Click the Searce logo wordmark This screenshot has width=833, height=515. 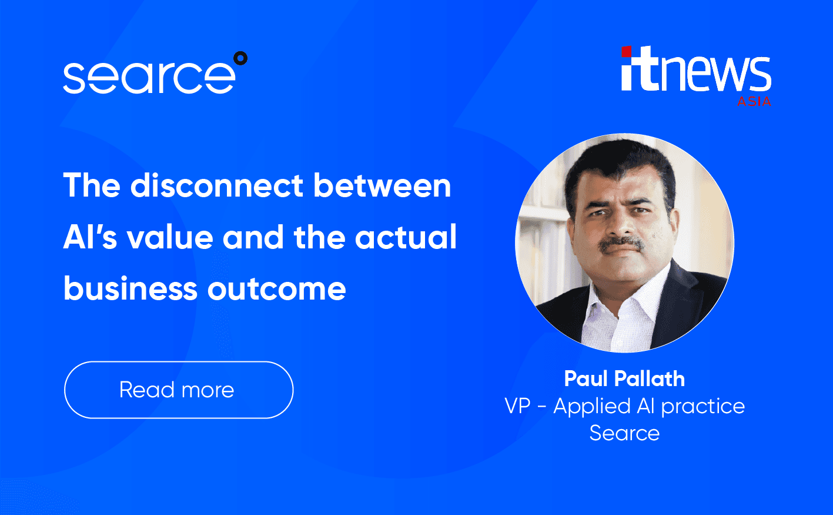(149, 77)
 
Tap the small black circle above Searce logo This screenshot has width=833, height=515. (240, 58)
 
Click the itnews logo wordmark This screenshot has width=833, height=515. (696, 72)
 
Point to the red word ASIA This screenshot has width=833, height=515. (754, 101)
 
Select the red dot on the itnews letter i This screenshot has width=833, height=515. (626, 52)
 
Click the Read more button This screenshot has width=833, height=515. (178, 390)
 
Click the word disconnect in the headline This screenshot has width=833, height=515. (218, 185)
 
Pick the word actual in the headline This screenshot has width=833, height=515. (406, 237)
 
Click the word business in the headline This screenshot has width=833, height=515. (130, 288)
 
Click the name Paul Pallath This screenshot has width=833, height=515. (624, 378)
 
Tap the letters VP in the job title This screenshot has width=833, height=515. (517, 406)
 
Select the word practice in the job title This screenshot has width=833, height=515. (703, 407)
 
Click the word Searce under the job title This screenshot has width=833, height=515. (624, 433)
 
